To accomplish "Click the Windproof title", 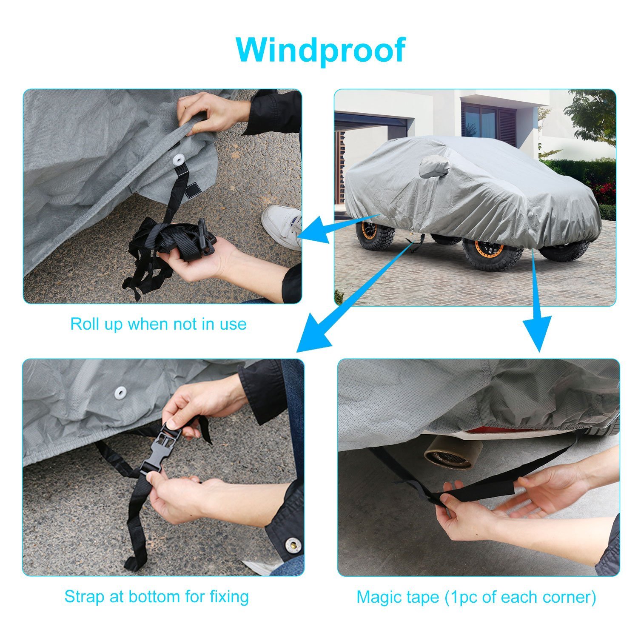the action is click(320, 50).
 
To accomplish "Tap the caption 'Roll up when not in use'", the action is click(158, 324).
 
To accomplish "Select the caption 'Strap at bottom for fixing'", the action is click(157, 596).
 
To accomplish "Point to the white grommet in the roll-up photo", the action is click(178, 159).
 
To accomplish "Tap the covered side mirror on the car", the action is click(434, 167).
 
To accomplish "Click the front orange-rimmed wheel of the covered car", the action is click(374, 234).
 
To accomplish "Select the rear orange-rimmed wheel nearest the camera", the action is click(493, 253).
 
